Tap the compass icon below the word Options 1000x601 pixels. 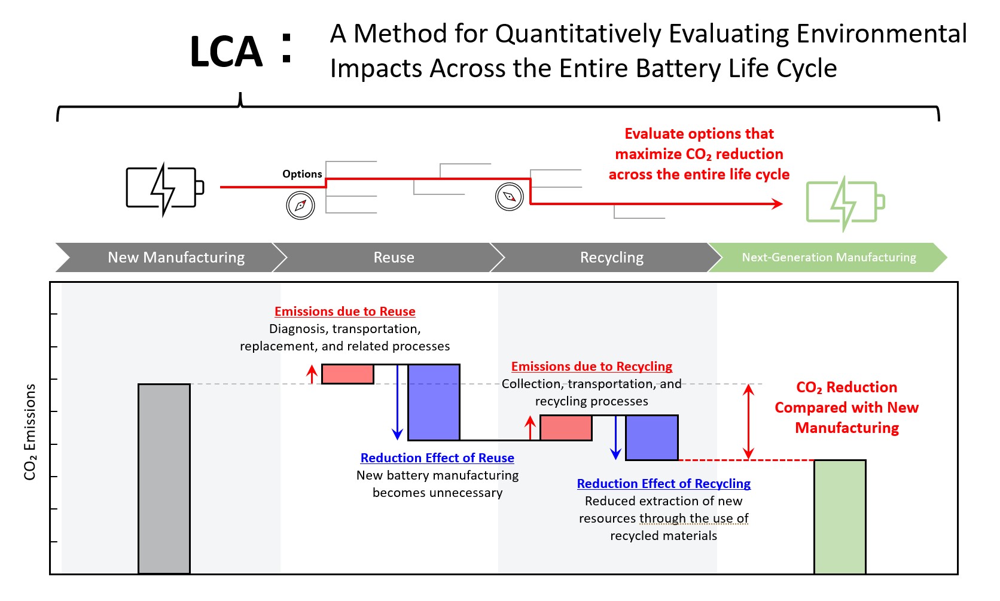coord(300,205)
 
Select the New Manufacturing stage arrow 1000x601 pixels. coord(170,258)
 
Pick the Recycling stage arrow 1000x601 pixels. coord(607,258)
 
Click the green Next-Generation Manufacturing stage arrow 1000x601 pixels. coord(828,258)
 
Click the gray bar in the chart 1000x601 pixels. coord(164,478)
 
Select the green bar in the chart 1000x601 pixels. coord(840,517)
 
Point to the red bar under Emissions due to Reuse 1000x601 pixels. coord(347,374)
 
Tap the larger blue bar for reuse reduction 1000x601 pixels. coord(434,402)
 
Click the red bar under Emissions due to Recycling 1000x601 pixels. coord(566,428)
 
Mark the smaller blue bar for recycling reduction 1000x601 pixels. coord(652,438)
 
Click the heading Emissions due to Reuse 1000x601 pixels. coord(344,312)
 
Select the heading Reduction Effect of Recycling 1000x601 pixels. coord(663,484)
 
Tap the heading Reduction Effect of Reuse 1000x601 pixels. coord(437,458)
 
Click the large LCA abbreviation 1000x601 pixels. coord(226,52)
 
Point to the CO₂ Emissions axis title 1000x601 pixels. coord(30,432)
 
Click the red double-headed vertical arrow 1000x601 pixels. coord(748,422)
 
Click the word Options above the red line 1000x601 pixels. coord(302,174)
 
